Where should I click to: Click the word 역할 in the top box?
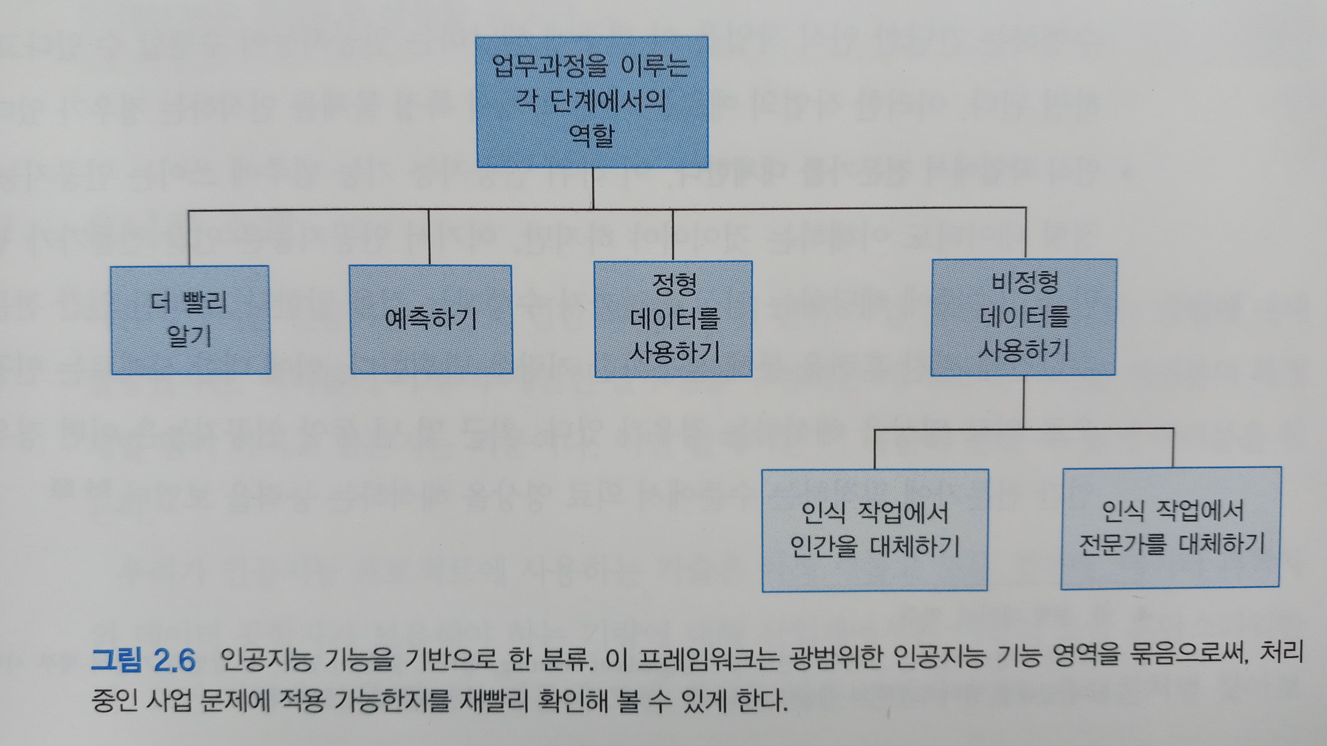pyautogui.click(x=592, y=136)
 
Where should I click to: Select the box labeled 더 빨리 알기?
pyautogui.click(x=191, y=320)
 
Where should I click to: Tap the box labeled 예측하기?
pyautogui.click(x=431, y=320)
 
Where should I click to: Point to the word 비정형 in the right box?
pyautogui.click(x=1024, y=283)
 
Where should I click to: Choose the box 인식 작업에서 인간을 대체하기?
pyautogui.click(x=875, y=530)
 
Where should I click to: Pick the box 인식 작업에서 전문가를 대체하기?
pyautogui.click(x=1171, y=528)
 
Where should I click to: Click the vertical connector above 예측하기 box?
pyautogui.click(x=429, y=237)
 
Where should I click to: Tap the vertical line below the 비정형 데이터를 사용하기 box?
pyautogui.click(x=1024, y=401)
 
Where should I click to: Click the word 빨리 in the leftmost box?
pyautogui.click(x=205, y=303)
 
